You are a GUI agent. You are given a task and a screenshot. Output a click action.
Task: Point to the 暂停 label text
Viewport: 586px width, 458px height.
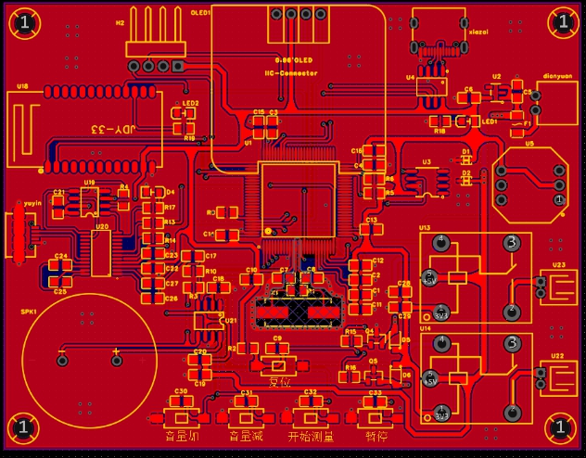(x=375, y=435)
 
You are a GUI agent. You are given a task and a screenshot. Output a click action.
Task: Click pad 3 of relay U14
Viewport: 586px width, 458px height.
(x=511, y=344)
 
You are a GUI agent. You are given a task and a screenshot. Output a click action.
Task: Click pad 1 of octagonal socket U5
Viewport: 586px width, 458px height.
(x=558, y=199)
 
